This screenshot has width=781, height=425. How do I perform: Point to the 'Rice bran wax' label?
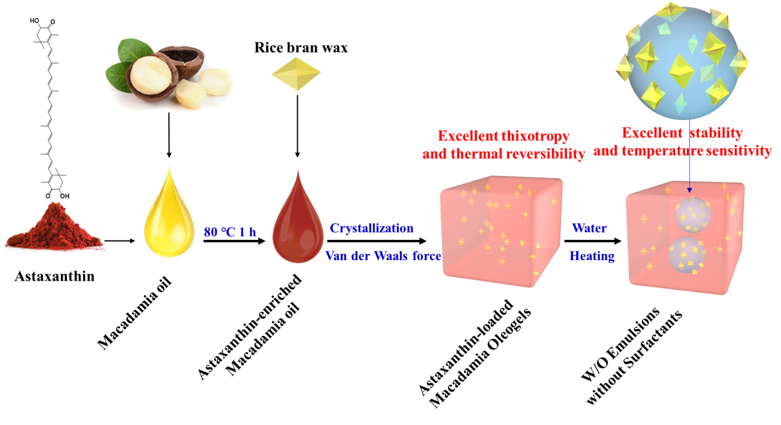(x=301, y=47)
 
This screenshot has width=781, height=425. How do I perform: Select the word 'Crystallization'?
(x=372, y=228)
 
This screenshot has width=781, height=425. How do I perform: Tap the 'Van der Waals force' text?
(x=383, y=255)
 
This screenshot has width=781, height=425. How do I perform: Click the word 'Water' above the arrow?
(x=589, y=228)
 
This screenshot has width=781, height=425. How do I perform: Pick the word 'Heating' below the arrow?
(x=591, y=256)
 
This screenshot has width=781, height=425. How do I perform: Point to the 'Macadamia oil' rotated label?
(x=134, y=314)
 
